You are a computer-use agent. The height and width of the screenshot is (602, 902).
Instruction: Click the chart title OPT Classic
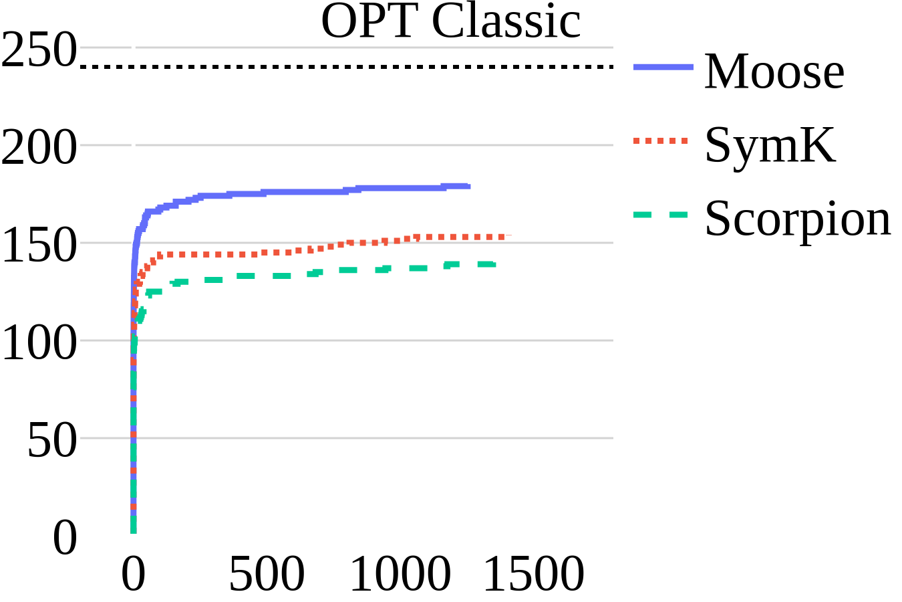click(x=451, y=21)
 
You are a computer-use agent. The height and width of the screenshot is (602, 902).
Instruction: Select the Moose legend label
click(x=774, y=71)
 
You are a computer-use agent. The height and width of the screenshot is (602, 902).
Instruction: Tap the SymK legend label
click(x=770, y=144)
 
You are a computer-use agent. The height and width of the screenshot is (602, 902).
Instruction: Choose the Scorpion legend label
click(x=798, y=218)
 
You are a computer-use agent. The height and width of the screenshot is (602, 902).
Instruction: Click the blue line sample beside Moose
click(x=663, y=67)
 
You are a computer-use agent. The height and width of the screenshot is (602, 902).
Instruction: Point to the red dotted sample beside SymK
click(x=660, y=140)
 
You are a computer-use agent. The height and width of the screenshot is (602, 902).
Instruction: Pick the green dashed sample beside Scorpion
click(x=660, y=215)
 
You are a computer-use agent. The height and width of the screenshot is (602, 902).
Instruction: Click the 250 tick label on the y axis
click(x=39, y=51)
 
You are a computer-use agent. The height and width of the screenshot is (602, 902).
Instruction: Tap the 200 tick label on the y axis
click(x=39, y=148)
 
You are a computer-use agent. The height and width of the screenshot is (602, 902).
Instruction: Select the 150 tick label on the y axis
click(x=39, y=245)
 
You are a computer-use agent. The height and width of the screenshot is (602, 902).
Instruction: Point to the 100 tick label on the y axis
click(x=39, y=344)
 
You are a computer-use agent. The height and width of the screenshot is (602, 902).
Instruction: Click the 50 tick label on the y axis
click(x=52, y=441)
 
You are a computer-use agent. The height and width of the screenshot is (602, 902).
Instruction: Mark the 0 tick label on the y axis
click(x=65, y=538)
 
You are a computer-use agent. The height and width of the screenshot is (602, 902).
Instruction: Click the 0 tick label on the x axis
click(x=133, y=575)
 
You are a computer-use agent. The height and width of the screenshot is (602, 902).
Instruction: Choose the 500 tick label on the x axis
click(x=267, y=575)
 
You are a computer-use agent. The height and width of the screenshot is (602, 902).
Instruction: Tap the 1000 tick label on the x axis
click(x=400, y=575)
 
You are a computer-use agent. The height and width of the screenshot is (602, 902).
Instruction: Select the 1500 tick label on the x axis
click(x=534, y=575)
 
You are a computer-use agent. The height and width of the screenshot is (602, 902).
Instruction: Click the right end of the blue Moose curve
click(x=468, y=186)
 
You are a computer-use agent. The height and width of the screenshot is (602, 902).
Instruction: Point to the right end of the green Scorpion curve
click(x=494, y=264)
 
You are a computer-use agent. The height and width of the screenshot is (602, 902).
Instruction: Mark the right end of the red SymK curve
click(x=509, y=236)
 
